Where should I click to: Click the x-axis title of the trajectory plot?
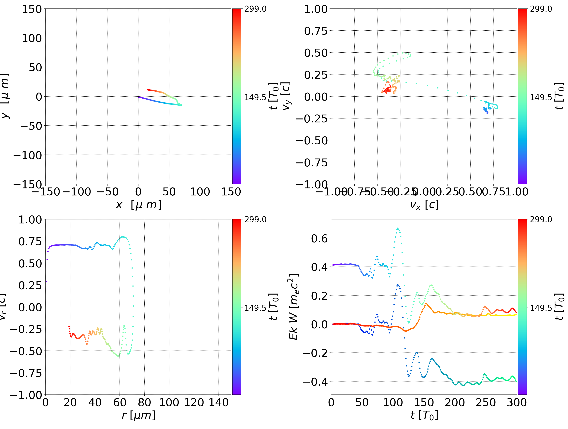[x=138, y=205]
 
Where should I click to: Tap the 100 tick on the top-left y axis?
[x=32, y=38]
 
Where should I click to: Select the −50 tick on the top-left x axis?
[x=107, y=192]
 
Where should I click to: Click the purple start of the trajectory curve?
[x=139, y=97]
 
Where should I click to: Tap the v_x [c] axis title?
[x=424, y=205]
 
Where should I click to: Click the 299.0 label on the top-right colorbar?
[x=541, y=9]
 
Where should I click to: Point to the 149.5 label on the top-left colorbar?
[x=255, y=97]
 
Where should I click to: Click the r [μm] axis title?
[x=138, y=415]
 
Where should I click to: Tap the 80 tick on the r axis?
[x=144, y=403]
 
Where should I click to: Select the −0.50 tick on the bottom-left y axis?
[x=26, y=351]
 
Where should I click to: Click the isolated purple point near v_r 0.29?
[x=47, y=282]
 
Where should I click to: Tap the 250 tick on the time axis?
[x=486, y=403]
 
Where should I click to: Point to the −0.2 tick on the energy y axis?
[x=315, y=353]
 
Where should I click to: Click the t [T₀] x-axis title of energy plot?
[x=424, y=415]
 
